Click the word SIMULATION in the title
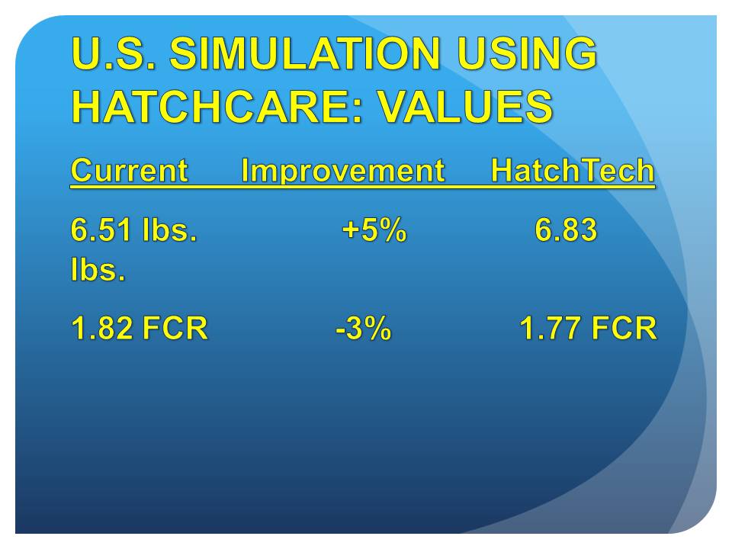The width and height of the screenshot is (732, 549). point(305,53)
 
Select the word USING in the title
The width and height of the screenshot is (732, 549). point(527,53)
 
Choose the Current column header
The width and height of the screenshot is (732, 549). point(130,170)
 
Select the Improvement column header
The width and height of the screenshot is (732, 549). point(343,171)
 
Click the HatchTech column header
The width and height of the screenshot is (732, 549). point(573,170)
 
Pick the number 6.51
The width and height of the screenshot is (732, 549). point(101,230)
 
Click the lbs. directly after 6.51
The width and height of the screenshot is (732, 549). point(170,230)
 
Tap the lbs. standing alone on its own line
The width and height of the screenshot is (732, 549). point(98,269)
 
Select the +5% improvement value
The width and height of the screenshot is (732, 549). point(374,230)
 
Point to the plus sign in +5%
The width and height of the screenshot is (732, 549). point(351,230)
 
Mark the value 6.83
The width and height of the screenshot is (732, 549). point(566,230)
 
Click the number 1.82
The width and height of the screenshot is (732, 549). point(101,328)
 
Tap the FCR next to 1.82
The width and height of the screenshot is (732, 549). point(175,328)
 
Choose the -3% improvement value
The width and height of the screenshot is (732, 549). point(364,328)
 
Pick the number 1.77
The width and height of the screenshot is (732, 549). point(551,328)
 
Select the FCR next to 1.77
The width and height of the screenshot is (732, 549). point(624,328)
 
